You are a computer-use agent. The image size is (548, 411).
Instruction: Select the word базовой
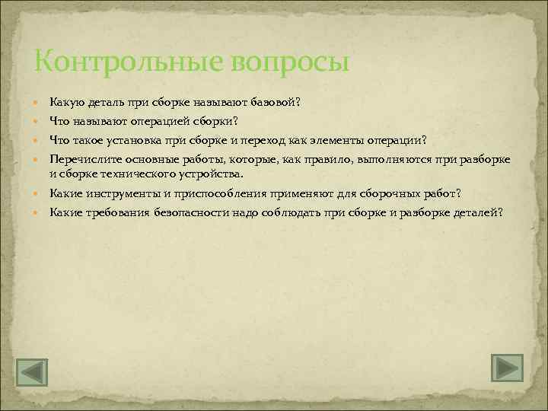click(x=276, y=102)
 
